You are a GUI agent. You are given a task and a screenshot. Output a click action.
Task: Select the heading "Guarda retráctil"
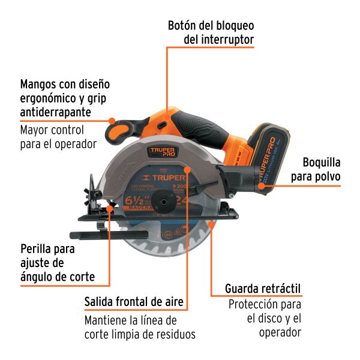click(263, 289)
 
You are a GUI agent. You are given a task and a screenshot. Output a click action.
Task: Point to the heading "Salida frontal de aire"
click(134, 302)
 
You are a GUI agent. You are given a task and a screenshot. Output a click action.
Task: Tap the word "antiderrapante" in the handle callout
click(56, 112)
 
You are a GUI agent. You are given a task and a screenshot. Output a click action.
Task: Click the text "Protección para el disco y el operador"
click(265, 318)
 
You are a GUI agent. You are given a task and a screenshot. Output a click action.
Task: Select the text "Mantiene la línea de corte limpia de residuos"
click(140, 327)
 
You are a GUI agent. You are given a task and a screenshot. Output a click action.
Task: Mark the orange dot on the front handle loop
click(112, 121)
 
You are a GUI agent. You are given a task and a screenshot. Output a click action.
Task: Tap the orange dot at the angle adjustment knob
click(112, 208)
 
